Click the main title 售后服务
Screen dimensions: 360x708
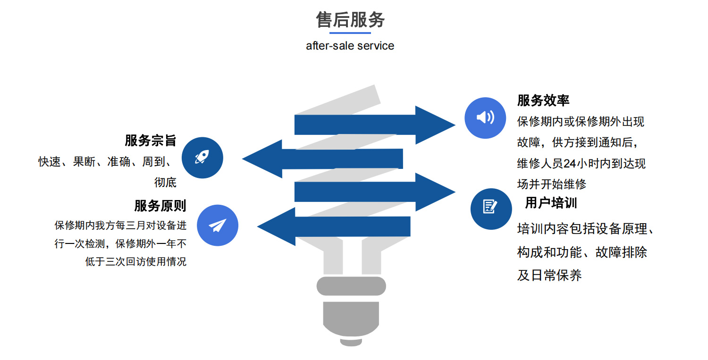point(350,20)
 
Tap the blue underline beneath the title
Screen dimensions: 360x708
point(350,33)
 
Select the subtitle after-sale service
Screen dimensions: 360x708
point(350,46)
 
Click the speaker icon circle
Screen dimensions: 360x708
point(485,117)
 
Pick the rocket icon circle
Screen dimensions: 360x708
point(202,158)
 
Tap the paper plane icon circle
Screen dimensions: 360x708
point(217,225)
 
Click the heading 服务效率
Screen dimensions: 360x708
point(543,100)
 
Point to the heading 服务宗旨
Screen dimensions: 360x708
point(150,140)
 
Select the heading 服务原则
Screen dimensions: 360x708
point(160,206)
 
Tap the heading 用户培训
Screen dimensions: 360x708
point(551,203)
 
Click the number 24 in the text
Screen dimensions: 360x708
point(570,164)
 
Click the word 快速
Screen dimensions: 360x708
point(50,162)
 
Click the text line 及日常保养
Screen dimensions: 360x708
point(549,275)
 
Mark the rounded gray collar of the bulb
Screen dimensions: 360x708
point(351,286)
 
